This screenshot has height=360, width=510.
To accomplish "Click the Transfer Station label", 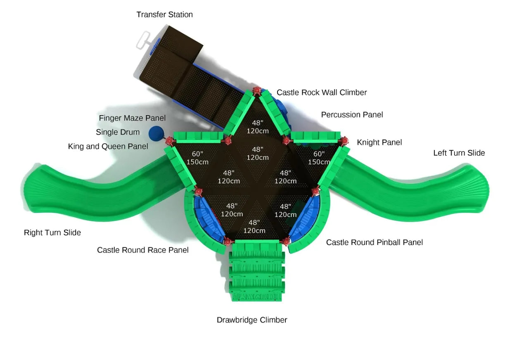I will pyautogui.click(x=164, y=15).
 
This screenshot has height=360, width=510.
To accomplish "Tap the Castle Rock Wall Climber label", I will pyautogui.click(x=321, y=92).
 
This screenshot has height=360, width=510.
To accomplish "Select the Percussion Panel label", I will pyautogui.click(x=352, y=115).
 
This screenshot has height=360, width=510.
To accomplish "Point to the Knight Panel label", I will pyautogui.click(x=379, y=142).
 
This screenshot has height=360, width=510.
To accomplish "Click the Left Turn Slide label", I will pyautogui.click(x=459, y=153).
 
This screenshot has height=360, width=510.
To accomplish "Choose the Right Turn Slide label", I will pyautogui.click(x=52, y=233).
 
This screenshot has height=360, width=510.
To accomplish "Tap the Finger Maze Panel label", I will pyautogui.click(x=132, y=118).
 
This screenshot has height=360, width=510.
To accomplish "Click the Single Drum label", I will pyautogui.click(x=118, y=133).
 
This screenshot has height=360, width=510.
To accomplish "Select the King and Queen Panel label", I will pyautogui.click(x=108, y=147).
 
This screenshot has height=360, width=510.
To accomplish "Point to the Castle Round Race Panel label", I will pyautogui.click(x=143, y=250).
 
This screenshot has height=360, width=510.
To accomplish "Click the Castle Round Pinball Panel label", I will pyautogui.click(x=374, y=242).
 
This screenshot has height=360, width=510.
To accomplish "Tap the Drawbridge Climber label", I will pyautogui.click(x=252, y=320).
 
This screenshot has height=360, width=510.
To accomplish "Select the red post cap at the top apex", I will pyautogui.click(x=257, y=90).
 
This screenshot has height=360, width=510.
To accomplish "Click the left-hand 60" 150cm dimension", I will pyautogui.click(x=197, y=158).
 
